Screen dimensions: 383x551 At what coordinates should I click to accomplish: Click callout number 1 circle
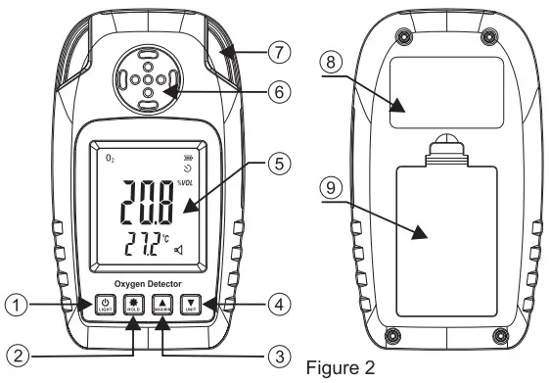(x=16, y=307)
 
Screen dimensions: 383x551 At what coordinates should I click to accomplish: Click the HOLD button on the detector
(x=133, y=306)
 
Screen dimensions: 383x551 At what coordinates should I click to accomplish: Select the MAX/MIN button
(x=162, y=306)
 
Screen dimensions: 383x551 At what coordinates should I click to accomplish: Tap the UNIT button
(x=192, y=306)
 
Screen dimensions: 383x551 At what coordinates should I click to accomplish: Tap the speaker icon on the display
(x=179, y=252)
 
